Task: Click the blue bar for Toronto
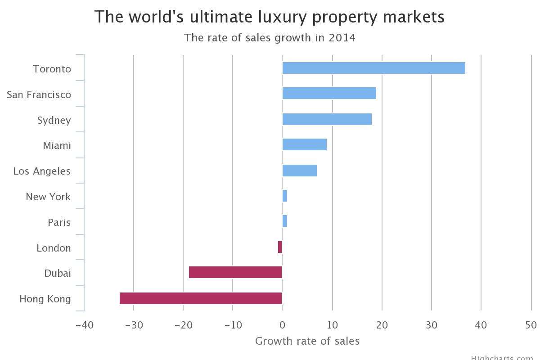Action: (x=373, y=68)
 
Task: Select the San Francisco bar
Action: (x=329, y=94)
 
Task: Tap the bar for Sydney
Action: (x=327, y=119)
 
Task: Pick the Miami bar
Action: (x=304, y=145)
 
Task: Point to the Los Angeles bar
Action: (x=299, y=171)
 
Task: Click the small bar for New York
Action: (x=285, y=196)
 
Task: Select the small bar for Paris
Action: (x=285, y=221)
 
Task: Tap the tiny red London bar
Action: (x=280, y=247)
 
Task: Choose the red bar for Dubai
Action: (x=235, y=273)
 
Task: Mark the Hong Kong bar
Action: (x=201, y=298)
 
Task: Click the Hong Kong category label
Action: (x=45, y=299)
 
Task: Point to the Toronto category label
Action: (x=52, y=69)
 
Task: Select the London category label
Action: (x=54, y=248)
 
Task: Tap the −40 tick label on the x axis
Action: (x=84, y=325)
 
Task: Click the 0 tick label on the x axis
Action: (x=282, y=325)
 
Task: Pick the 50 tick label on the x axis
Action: (x=531, y=325)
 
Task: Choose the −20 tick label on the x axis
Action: (x=183, y=325)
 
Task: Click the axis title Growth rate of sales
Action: (x=307, y=341)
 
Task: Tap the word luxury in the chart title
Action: (x=281, y=17)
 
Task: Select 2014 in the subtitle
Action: (x=342, y=38)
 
